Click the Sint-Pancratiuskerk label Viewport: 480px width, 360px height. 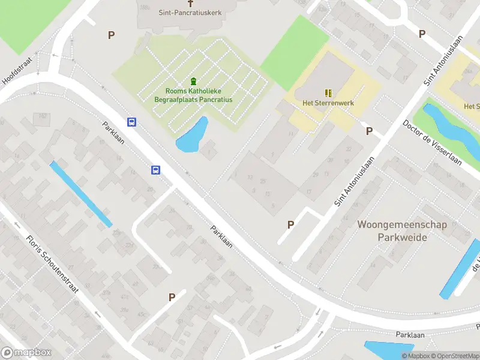coord(190,12)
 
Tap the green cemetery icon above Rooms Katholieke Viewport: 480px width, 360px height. coord(193,81)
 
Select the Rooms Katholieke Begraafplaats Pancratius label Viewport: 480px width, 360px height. coord(193,95)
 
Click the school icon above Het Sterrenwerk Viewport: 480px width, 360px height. coord(328,92)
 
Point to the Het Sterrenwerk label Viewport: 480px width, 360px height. coord(328,103)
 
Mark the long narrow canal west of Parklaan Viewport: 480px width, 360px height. coord(80,194)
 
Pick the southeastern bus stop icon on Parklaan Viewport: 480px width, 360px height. coord(155,170)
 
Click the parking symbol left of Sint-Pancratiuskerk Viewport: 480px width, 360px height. coord(111,35)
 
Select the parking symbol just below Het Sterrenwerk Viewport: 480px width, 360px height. coord(369,131)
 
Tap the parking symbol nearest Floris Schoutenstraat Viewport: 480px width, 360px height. coord(172,296)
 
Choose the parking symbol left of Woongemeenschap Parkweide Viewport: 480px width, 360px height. coord(291,225)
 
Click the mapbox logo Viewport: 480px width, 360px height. coord(26,353)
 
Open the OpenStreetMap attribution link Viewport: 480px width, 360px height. coord(454,356)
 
